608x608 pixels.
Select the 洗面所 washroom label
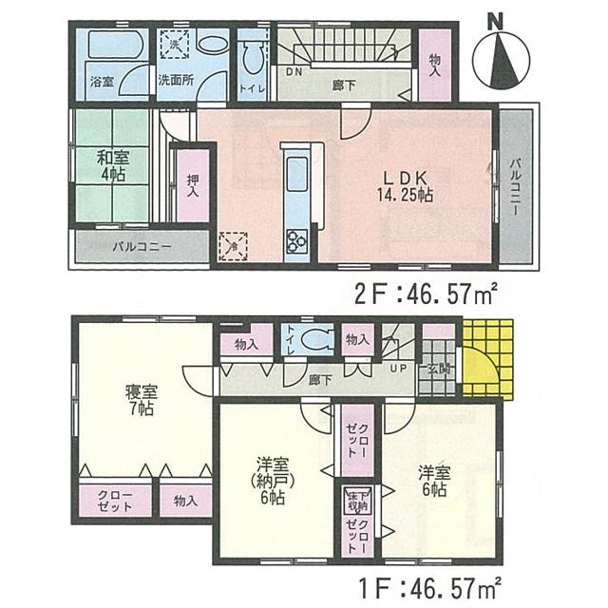177,82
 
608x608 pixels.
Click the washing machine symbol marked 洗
178,43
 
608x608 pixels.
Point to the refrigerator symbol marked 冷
231,244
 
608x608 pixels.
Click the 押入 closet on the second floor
193,185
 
